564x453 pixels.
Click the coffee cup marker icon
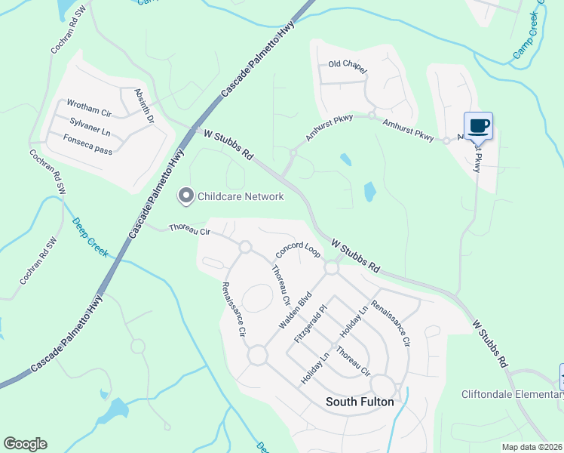pos(478,125)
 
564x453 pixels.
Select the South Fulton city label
pos(360,402)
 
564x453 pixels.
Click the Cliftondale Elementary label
pos(512,395)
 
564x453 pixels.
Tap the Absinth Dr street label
pos(143,106)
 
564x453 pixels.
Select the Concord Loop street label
pos(299,248)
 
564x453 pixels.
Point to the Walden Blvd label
pos(295,310)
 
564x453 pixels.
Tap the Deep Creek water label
pos(90,236)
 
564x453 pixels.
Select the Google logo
pos(25,444)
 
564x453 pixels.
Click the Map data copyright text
pos(532,447)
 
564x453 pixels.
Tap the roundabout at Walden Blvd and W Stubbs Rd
pos(331,267)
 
